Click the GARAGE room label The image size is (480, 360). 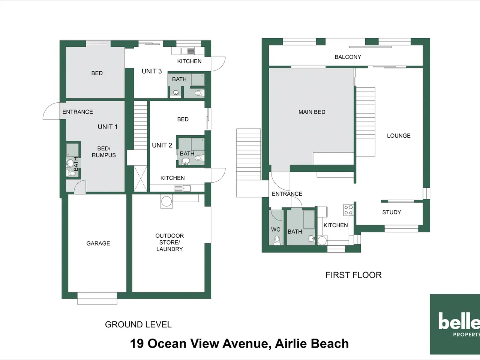click(98, 243)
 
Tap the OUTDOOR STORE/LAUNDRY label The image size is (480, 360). click(169, 242)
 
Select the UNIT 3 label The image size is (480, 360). click(151, 71)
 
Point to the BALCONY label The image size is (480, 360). click(348, 57)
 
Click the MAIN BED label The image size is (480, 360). click(312, 112)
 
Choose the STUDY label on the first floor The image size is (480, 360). click(391, 212)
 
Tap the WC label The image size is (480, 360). click(276, 229)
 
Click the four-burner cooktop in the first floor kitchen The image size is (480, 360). click(348, 210)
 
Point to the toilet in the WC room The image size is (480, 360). click(277, 240)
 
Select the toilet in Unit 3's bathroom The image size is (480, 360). click(199, 93)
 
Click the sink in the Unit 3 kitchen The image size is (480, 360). click(184, 51)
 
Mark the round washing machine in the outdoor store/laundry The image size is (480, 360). click(166, 201)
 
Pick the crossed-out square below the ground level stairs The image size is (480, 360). click(140, 179)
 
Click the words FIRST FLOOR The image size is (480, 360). click(353, 275)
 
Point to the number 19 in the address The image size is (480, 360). click(137, 343)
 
